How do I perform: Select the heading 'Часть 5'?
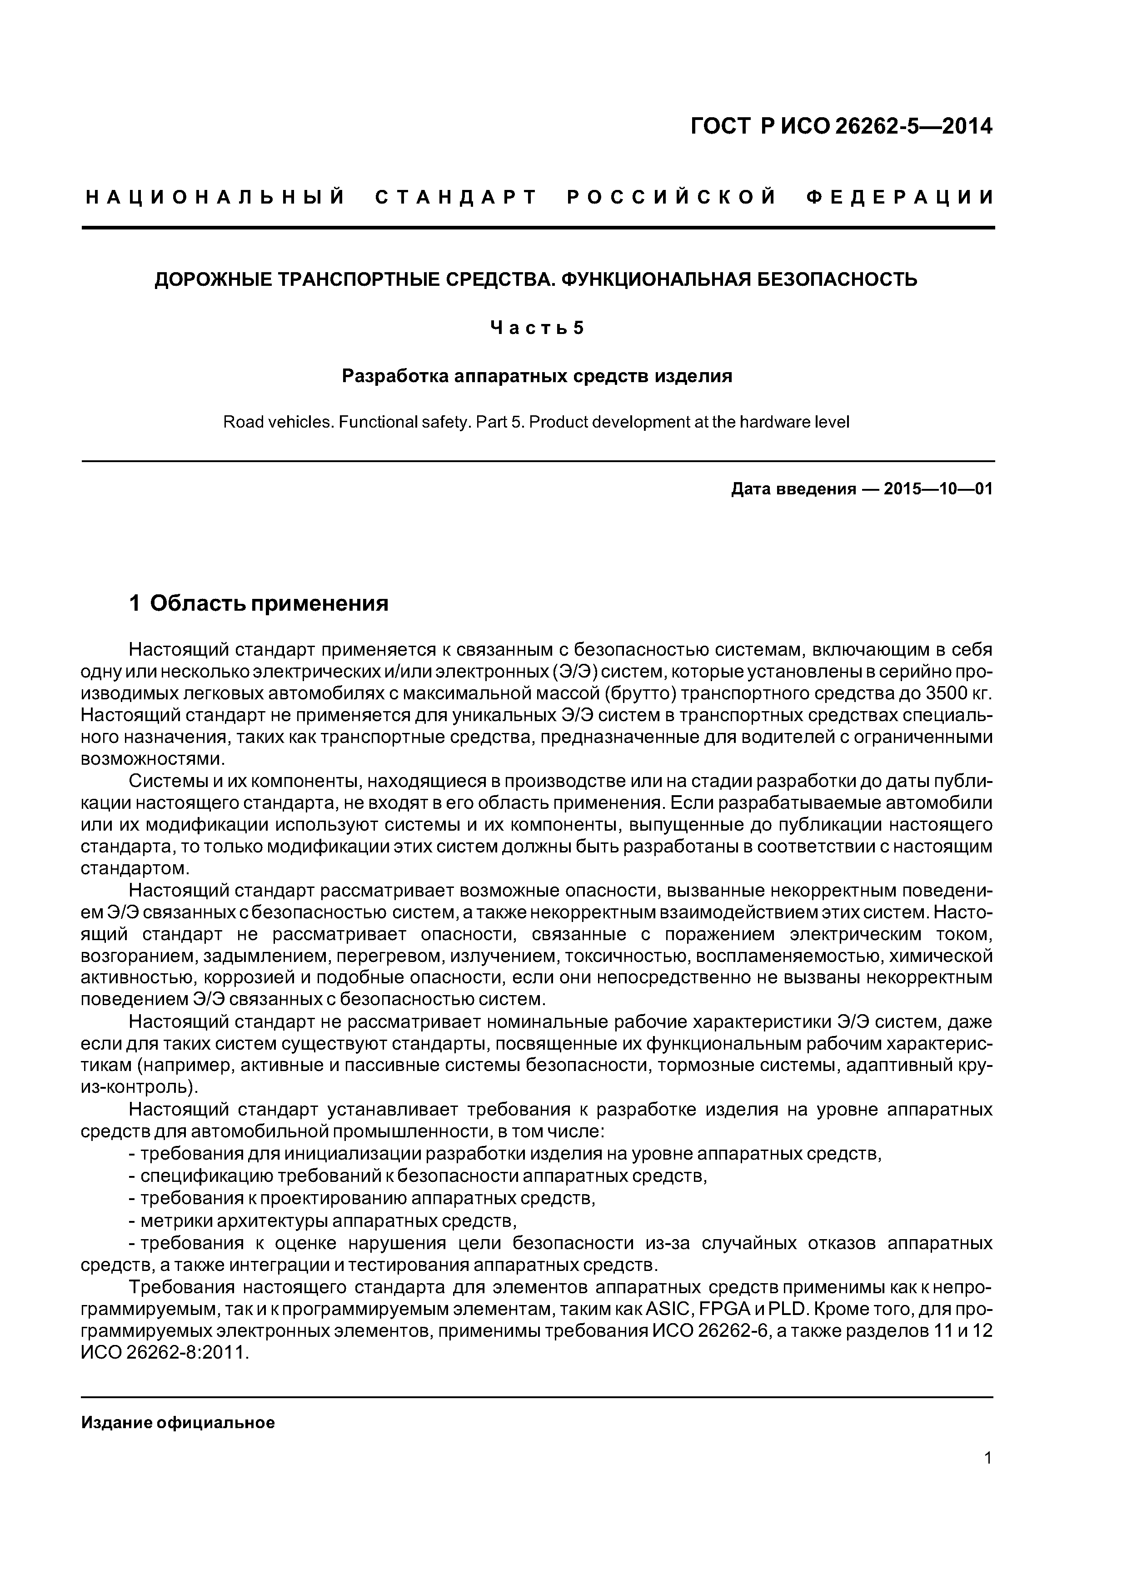click(x=537, y=328)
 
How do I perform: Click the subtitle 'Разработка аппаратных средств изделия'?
click(x=537, y=376)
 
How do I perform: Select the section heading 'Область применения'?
click(x=269, y=603)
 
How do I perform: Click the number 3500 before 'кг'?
click(x=948, y=693)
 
